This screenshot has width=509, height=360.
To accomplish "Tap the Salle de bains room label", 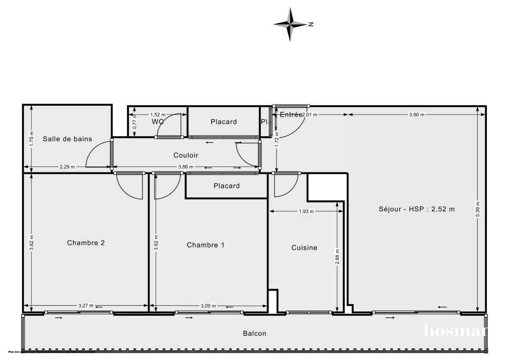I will pyautogui.click(x=67, y=139).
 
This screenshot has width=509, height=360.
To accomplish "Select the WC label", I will pyautogui.click(x=158, y=122).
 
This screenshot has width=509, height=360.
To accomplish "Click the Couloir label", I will pyautogui.click(x=186, y=155).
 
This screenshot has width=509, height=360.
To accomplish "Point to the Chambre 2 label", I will pyautogui.click(x=86, y=243).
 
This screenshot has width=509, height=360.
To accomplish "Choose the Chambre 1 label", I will pyautogui.click(x=206, y=245).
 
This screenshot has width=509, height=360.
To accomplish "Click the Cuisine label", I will pyautogui.click(x=304, y=247).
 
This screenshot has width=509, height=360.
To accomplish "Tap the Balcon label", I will pyautogui.click(x=255, y=333).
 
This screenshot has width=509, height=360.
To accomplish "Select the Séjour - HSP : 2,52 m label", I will pyautogui.click(x=417, y=209).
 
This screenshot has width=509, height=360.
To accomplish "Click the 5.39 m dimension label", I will pyautogui.click(x=478, y=209).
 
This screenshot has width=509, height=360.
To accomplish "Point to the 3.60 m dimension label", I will pyautogui.click(x=417, y=115).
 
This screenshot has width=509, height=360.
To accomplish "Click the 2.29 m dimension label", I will pyautogui.click(x=67, y=167).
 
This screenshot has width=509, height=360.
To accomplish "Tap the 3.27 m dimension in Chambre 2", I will pyautogui.click(x=86, y=306).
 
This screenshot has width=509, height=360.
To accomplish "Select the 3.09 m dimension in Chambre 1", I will pyautogui.click(x=208, y=306).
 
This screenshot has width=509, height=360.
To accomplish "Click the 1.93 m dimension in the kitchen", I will pyautogui.click(x=306, y=211).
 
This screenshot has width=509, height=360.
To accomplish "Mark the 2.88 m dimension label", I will pyautogui.click(x=337, y=256).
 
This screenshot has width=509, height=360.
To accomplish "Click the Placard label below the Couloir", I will pyautogui.click(x=227, y=186).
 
